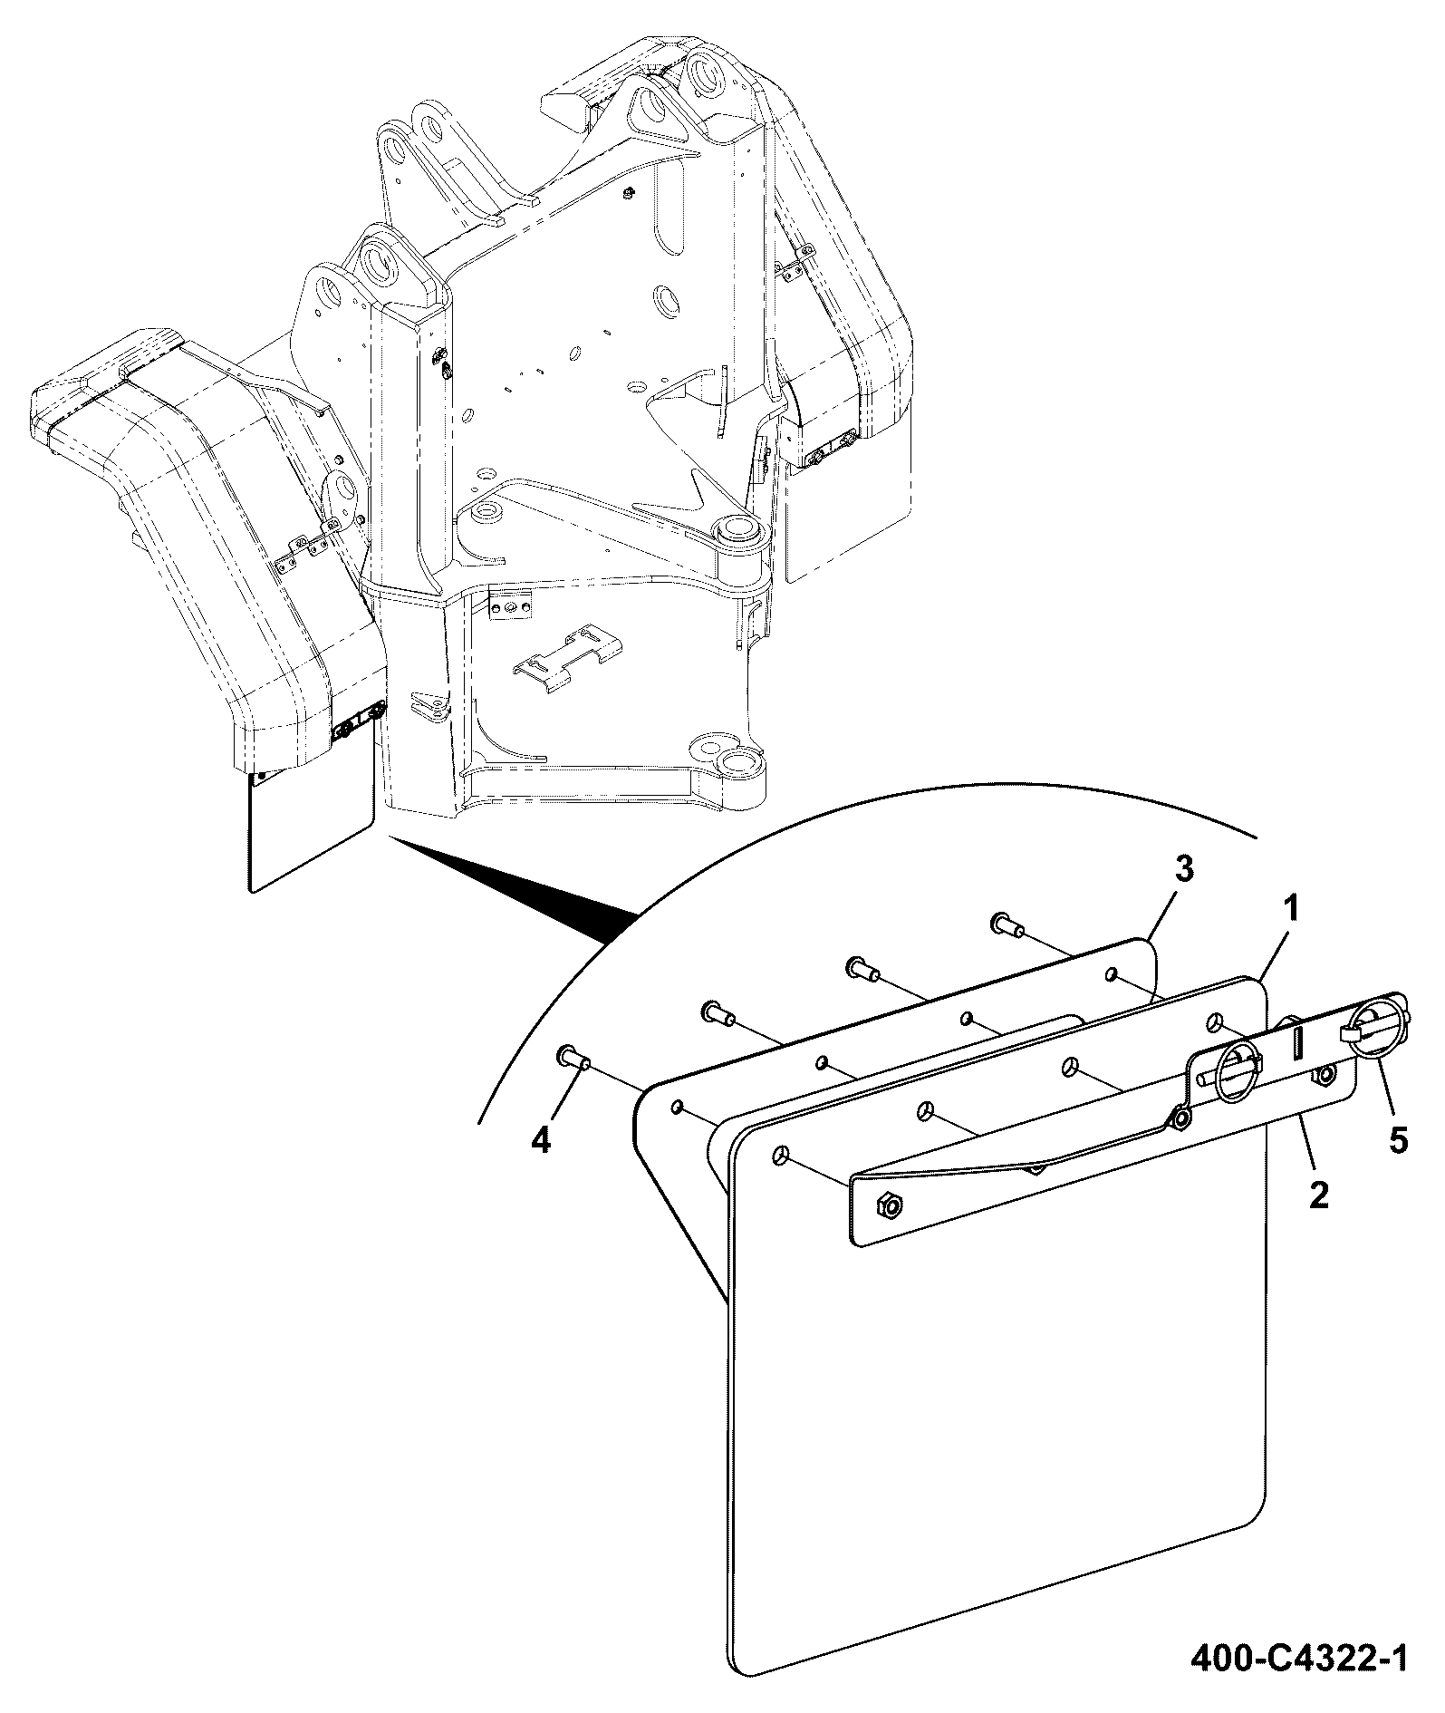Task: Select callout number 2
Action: pyautogui.click(x=1318, y=1195)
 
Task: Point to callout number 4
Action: pyautogui.click(x=541, y=1139)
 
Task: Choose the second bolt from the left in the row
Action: pyautogui.click(x=718, y=1011)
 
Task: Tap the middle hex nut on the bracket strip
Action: pyautogui.click(x=1180, y=1119)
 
